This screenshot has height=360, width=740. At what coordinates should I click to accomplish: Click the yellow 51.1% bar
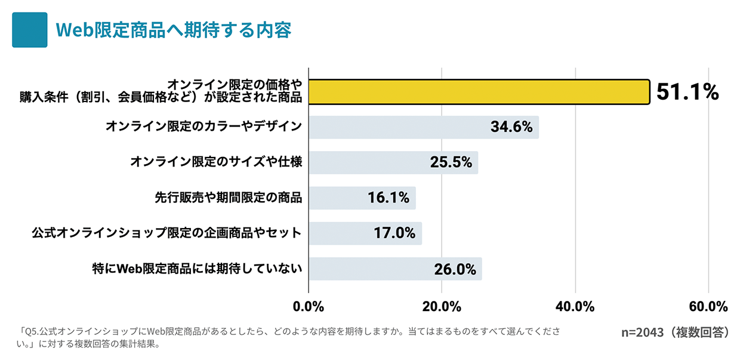pyautogui.click(x=479, y=92)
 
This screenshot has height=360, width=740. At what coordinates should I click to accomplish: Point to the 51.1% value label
pyautogui.click(x=687, y=92)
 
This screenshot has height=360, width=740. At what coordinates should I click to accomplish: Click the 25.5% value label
pyautogui.click(x=451, y=162)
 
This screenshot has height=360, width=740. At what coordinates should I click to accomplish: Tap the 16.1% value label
pyautogui.click(x=388, y=198)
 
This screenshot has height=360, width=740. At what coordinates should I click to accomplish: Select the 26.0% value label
pyautogui.click(x=455, y=269)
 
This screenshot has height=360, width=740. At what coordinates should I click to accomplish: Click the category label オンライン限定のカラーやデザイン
pyautogui.click(x=203, y=127)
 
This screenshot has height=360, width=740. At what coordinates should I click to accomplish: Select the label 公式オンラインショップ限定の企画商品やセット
pyautogui.click(x=166, y=233)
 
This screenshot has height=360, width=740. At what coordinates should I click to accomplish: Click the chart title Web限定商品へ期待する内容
pyautogui.click(x=173, y=30)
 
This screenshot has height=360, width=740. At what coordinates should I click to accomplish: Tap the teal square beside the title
pyautogui.click(x=29, y=30)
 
